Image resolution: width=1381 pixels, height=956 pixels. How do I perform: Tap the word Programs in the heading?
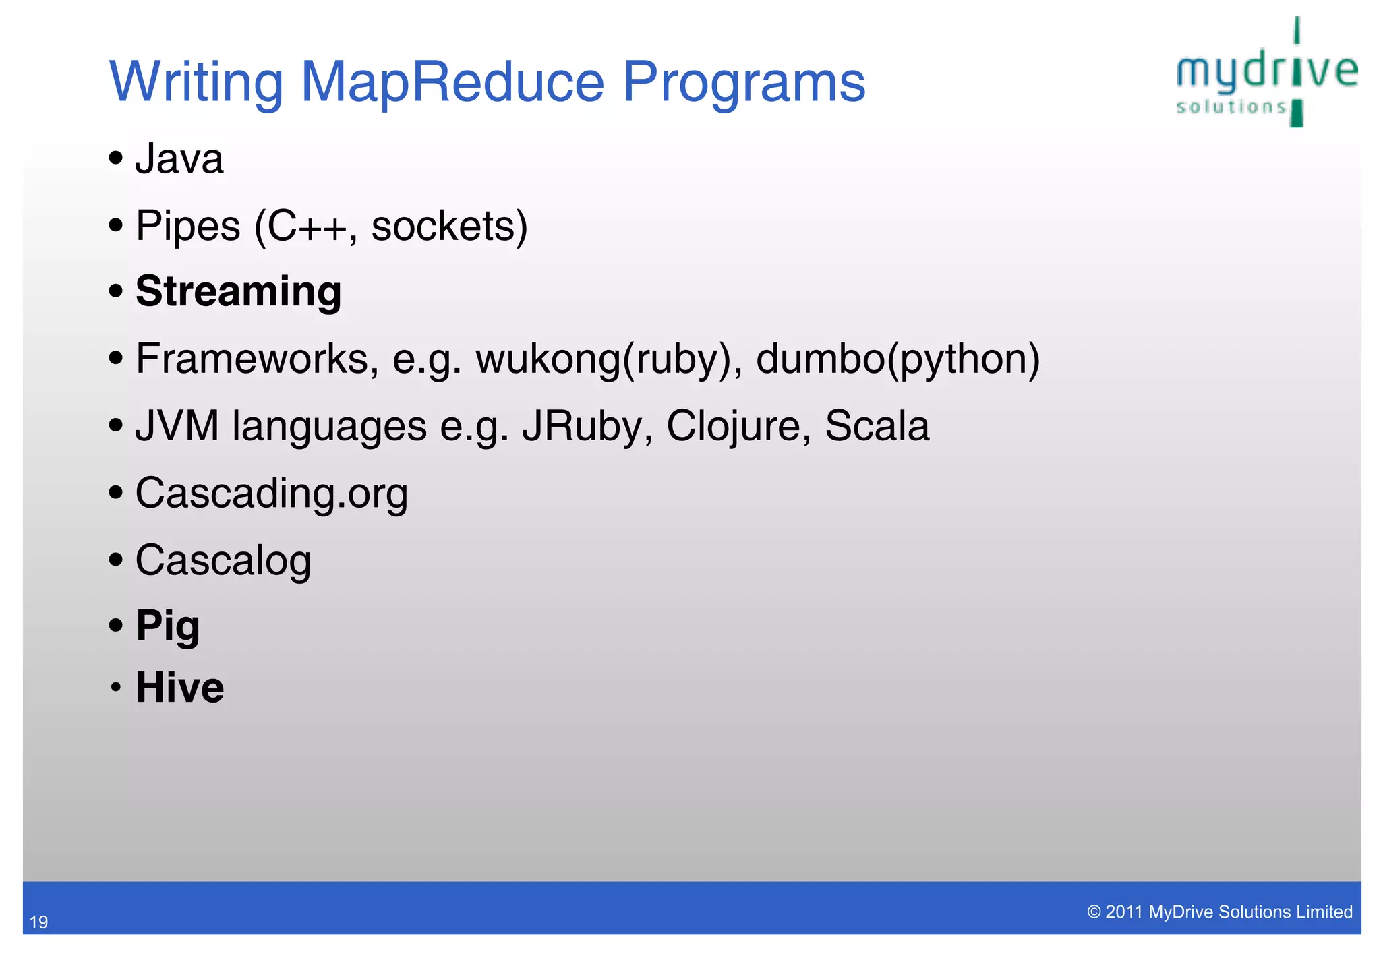[x=743, y=84]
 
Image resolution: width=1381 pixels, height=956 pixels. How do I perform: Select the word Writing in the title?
[x=196, y=84]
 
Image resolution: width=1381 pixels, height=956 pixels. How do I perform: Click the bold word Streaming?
[x=238, y=292]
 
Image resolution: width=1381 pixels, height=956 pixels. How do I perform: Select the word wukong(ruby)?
[x=609, y=359]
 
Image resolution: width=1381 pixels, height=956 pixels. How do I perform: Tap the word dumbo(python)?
[x=898, y=359]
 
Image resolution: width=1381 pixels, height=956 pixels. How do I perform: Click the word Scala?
[x=877, y=426]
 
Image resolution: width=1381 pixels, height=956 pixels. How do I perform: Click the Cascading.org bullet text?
[x=271, y=494]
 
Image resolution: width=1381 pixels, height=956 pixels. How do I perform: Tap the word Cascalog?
[x=223, y=560]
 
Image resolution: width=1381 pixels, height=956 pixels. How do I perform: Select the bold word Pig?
[x=167, y=626]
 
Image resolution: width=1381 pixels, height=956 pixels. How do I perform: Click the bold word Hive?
[x=179, y=688]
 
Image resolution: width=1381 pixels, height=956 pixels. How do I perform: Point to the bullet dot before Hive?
[x=116, y=688]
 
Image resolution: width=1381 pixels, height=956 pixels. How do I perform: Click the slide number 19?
[x=39, y=922]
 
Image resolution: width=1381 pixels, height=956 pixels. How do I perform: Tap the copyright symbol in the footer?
[x=1094, y=912]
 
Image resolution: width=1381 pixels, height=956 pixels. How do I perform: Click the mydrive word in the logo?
[x=1266, y=71]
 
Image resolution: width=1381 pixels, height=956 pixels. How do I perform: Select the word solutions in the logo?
[x=1231, y=107]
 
